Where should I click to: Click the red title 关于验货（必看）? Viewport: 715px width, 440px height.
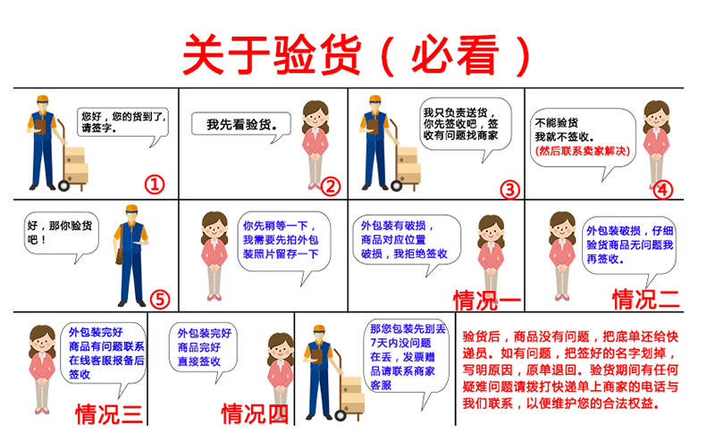click(x=356, y=55)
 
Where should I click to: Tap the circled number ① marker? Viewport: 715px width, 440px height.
click(x=155, y=185)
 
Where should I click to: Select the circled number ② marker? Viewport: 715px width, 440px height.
click(x=331, y=187)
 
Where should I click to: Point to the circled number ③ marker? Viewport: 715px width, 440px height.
click(x=509, y=190)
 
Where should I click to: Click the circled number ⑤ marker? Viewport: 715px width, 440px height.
click(x=160, y=299)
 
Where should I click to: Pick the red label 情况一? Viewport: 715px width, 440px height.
click(x=487, y=301)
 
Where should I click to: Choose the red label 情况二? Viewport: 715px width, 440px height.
click(x=645, y=299)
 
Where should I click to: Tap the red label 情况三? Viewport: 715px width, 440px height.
click(x=109, y=414)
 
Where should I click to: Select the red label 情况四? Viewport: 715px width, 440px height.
click(x=255, y=414)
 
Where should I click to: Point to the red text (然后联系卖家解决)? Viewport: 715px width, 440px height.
click(x=583, y=151)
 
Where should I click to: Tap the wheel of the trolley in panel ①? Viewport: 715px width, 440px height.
click(x=63, y=186)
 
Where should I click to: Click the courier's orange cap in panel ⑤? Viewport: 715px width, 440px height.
click(x=131, y=209)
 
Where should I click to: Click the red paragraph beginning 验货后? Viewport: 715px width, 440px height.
click(x=570, y=369)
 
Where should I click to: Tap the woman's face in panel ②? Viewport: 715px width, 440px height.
click(x=315, y=119)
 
